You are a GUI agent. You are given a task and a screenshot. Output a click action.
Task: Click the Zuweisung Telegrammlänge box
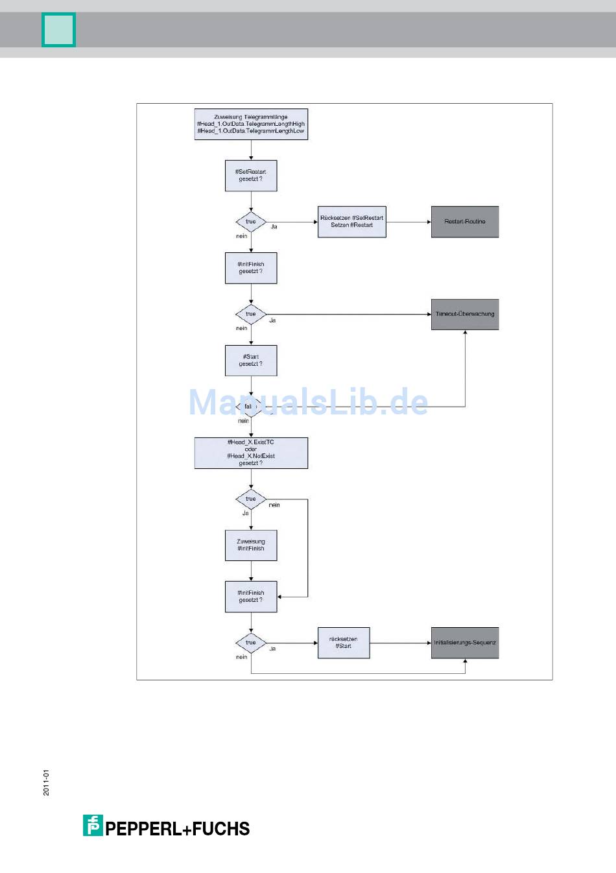[x=251, y=124]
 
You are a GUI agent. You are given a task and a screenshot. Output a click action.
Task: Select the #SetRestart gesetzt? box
[x=251, y=175]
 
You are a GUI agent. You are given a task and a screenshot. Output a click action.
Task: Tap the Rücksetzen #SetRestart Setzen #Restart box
[x=351, y=222]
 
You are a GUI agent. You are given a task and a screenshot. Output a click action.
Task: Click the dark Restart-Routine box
[x=465, y=222]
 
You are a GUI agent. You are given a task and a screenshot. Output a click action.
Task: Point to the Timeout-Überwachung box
[x=465, y=314]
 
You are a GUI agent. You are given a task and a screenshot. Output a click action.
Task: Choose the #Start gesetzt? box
[x=251, y=361]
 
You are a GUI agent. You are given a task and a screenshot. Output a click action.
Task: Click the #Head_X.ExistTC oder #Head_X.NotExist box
[x=251, y=453]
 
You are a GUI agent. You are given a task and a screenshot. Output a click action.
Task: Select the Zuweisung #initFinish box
[x=251, y=545]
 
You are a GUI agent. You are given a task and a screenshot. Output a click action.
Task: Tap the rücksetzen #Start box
[x=344, y=643]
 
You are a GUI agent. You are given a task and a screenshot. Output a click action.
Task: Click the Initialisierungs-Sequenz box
[x=465, y=643]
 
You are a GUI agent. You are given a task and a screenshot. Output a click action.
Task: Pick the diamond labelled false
[x=250, y=407]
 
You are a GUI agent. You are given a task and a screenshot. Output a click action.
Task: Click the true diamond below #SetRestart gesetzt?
[x=251, y=222]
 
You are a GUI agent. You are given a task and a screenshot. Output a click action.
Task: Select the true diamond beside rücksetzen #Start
[x=251, y=643]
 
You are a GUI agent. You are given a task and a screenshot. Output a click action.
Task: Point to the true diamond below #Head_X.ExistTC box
[x=251, y=499]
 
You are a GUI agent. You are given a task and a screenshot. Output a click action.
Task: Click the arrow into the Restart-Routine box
[x=409, y=222]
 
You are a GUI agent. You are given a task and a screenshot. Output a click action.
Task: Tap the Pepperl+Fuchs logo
[x=166, y=826]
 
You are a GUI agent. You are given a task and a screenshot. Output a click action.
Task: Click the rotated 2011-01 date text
[x=46, y=782]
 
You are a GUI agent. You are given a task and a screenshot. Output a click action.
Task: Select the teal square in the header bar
[x=58, y=30]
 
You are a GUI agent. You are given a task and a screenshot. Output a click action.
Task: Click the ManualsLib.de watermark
[x=309, y=402]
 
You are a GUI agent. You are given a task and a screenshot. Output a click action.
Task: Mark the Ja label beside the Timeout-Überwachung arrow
[x=272, y=320]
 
